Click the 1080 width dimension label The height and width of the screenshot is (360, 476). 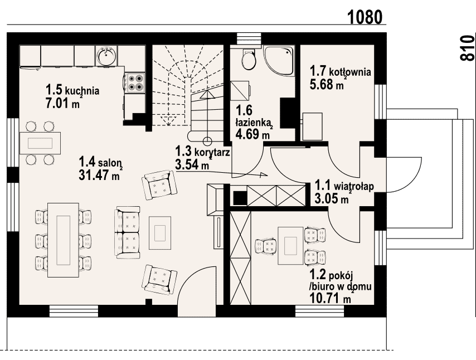tap(365, 17)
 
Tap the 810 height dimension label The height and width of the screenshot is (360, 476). tap(467, 48)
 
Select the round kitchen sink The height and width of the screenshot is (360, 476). tap(106, 56)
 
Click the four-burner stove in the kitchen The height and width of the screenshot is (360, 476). tap(135, 83)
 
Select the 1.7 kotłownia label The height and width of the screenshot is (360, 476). tap(340, 72)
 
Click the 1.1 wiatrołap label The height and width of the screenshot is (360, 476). tap(344, 186)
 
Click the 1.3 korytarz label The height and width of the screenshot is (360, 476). tap(202, 151)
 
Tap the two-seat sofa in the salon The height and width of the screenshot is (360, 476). tap(128, 232)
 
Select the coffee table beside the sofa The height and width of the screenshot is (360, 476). tap(159, 233)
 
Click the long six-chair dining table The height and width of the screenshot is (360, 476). tap(63, 240)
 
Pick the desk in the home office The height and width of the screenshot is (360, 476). tap(290, 245)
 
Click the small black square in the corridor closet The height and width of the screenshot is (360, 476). tap(240, 197)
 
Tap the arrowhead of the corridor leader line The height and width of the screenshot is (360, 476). tap(264, 174)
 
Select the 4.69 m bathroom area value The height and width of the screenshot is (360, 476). tap(252, 134)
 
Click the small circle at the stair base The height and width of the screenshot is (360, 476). tap(207, 141)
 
